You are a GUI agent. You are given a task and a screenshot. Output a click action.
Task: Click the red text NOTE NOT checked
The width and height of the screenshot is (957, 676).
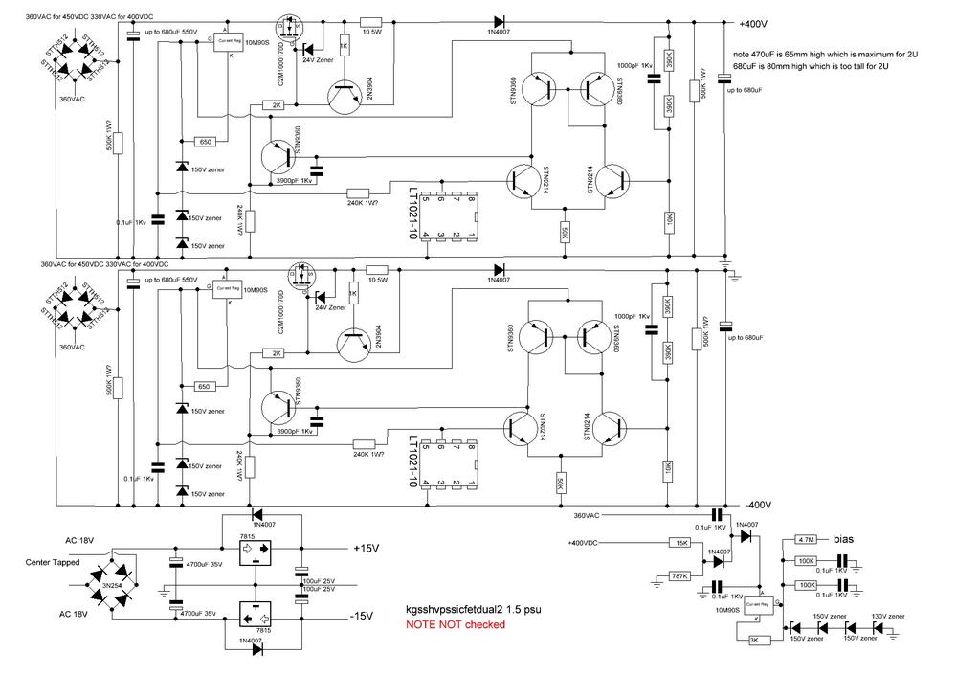pos(456,624)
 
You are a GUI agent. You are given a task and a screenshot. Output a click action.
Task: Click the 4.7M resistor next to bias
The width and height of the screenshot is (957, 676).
pos(806,540)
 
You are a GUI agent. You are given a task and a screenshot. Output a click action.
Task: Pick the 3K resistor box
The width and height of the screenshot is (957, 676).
pos(752,642)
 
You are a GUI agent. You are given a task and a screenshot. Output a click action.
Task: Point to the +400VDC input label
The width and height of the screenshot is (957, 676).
pos(586,543)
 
